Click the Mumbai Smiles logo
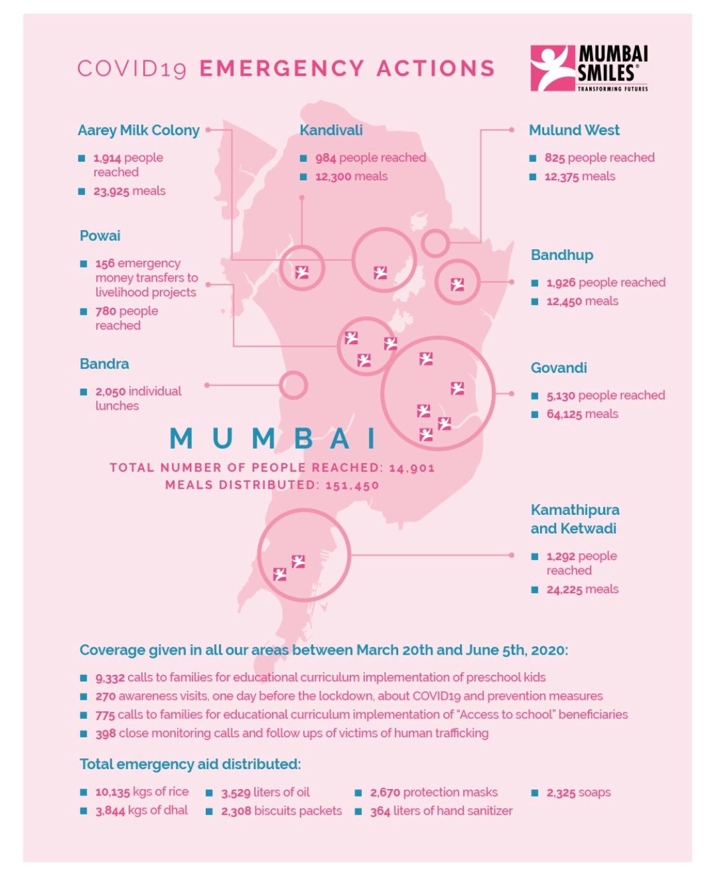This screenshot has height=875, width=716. click(589, 68)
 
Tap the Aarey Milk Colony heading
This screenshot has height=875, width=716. click(138, 130)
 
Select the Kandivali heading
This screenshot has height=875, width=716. click(331, 130)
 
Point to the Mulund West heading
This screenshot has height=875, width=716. click(573, 130)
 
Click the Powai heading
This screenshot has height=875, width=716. click(100, 236)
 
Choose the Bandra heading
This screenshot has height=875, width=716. click(104, 364)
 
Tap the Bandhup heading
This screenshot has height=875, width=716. click(561, 255)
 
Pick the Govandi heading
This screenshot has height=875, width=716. click(558, 368)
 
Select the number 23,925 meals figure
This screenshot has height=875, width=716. click(111, 191)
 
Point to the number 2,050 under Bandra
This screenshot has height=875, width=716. click(110, 391)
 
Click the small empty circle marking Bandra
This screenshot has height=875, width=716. click(293, 385)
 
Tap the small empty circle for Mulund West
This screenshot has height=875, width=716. click(435, 243)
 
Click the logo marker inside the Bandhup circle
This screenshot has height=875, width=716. click(457, 284)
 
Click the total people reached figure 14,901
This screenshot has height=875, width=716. click(412, 468)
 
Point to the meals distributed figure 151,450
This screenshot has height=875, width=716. click(352, 485)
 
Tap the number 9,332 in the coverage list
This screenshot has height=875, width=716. click(110, 677)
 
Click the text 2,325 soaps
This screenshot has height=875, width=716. click(578, 793)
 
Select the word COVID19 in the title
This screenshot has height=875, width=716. click(132, 69)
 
